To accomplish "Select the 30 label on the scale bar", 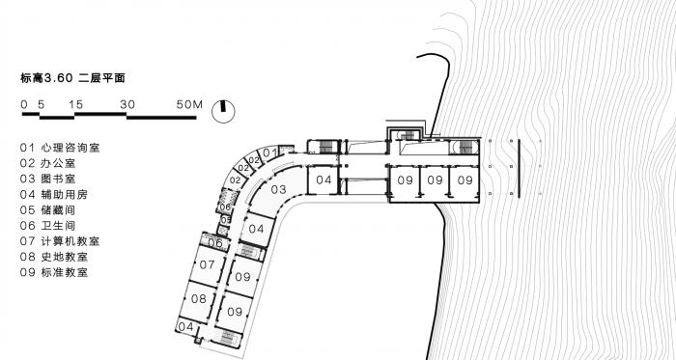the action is [x=127, y=102].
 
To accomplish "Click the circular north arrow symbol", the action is [x=224, y=108].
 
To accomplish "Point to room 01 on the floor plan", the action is [x=271, y=152].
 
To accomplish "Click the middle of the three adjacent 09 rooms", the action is [x=436, y=180].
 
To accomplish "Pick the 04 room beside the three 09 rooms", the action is [x=323, y=180].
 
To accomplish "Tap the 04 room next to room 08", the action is [x=187, y=327].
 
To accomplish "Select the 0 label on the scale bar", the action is [x=22, y=102].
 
